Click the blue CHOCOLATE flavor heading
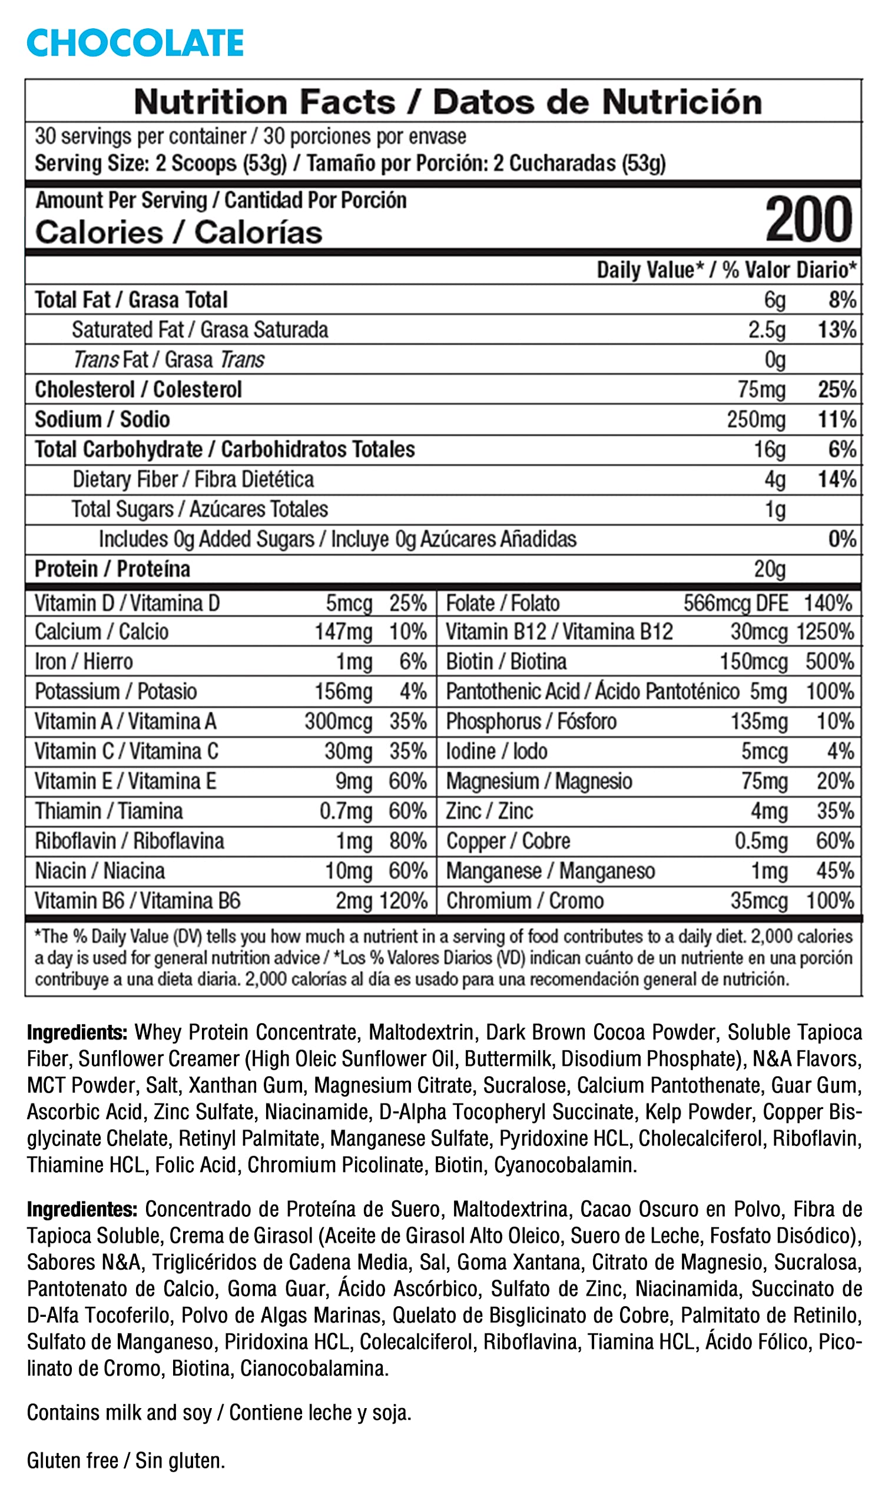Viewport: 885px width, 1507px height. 135,43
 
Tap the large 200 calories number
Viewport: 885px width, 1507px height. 808,220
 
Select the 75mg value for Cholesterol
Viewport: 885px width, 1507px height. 761,389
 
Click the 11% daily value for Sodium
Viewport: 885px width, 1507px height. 837,419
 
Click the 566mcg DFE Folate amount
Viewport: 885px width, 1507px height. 735,603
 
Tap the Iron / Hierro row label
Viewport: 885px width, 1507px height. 84,662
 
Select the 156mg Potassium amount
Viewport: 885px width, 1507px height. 343,691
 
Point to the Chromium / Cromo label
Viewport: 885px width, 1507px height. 525,901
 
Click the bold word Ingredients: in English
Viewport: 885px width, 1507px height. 77,1032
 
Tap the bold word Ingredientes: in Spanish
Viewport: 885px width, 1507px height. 82,1209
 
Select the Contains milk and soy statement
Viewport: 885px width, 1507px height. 219,1412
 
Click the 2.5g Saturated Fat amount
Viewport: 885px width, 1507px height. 767,330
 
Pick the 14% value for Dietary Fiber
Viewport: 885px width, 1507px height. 837,479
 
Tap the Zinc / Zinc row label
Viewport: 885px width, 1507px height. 489,811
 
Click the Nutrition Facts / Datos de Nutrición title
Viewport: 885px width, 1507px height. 448,102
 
